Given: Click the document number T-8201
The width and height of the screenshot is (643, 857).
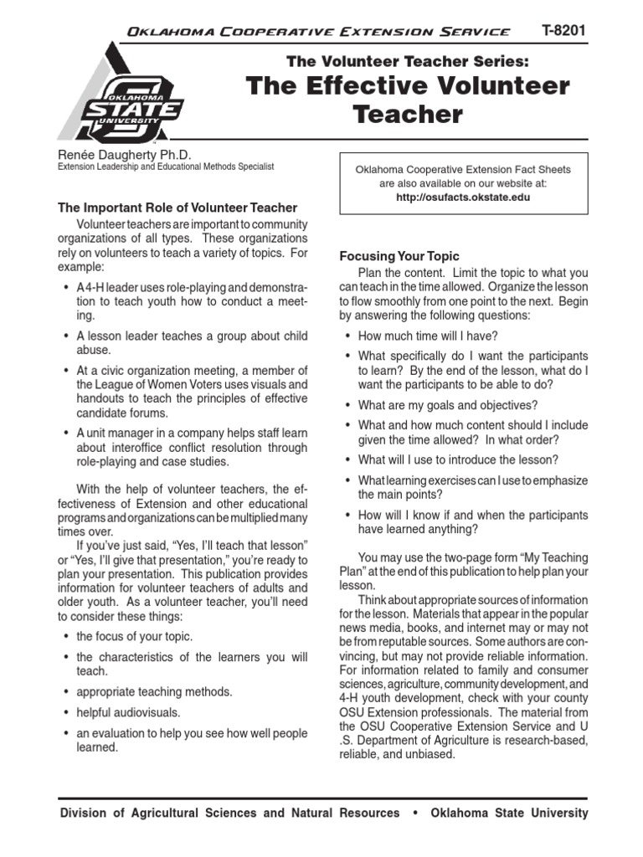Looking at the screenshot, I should click(563, 30).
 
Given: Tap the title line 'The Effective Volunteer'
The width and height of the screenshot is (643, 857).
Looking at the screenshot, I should click(408, 85).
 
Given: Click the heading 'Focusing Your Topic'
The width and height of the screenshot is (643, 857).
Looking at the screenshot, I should click(399, 256).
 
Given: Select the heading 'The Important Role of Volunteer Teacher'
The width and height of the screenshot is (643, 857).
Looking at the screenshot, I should click(177, 208).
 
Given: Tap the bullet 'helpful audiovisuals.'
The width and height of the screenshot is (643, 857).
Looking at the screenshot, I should click(128, 712).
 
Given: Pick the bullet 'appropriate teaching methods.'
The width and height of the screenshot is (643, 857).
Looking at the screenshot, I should click(154, 692).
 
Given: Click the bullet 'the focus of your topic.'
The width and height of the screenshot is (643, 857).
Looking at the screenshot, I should click(134, 637).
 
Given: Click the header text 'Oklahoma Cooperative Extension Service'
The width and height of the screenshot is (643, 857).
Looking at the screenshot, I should click(316, 32).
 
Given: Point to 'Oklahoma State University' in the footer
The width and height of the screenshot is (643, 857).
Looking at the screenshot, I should click(509, 813).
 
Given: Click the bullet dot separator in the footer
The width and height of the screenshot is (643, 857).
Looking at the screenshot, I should click(414, 813).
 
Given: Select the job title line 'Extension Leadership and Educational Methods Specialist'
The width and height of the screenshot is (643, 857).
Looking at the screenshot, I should click(165, 167).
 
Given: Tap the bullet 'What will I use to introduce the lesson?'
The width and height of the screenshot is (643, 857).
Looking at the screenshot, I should click(458, 459).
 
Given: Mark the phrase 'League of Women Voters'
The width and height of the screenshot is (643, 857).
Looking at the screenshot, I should click(141, 384).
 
